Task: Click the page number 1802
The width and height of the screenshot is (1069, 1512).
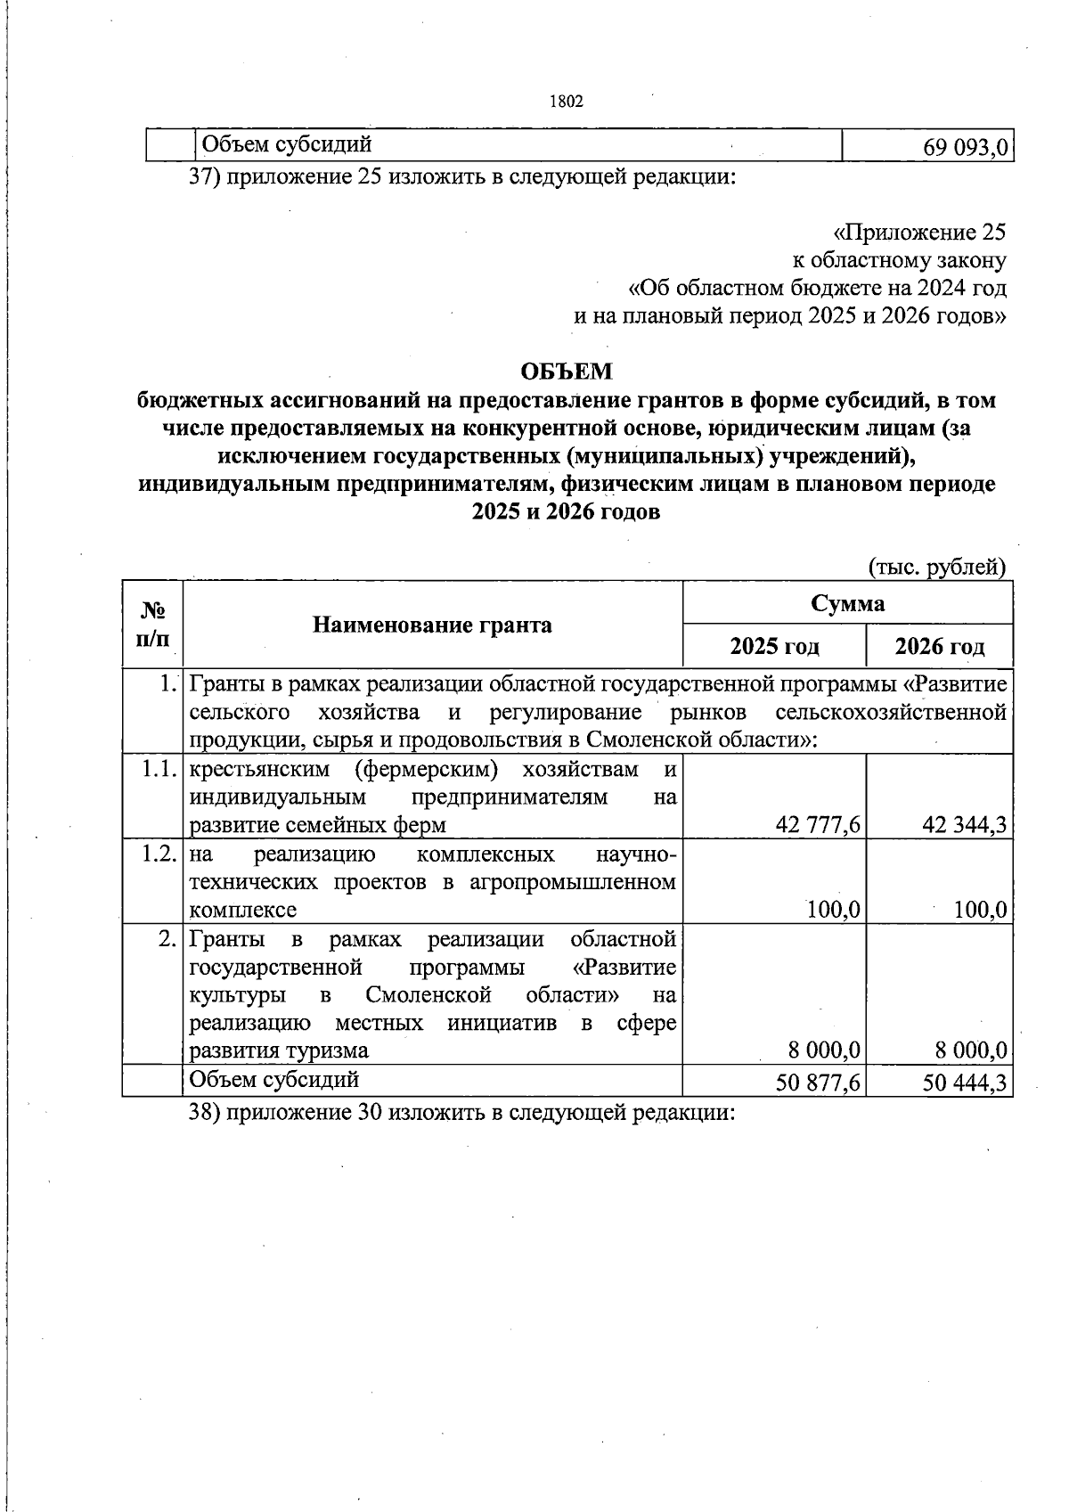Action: point(567,102)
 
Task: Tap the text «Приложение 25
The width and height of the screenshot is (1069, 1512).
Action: point(918,233)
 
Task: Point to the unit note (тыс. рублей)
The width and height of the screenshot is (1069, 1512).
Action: point(936,566)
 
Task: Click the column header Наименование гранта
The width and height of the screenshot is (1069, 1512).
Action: point(432,625)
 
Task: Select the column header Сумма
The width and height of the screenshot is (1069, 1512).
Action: point(847,603)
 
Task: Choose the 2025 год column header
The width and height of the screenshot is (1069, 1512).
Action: point(774,646)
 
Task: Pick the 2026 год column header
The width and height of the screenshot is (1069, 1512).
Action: point(940,646)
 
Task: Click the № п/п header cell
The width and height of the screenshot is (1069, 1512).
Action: point(153,625)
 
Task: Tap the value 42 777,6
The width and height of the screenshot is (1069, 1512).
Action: point(818,825)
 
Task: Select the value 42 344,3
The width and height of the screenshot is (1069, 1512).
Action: point(965,825)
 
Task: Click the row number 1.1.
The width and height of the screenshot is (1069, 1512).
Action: point(159,770)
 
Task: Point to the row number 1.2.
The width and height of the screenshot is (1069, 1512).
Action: point(159,854)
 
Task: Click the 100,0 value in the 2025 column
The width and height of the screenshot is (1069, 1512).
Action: point(834,910)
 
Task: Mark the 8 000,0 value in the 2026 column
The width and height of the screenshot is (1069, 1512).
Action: point(970,1050)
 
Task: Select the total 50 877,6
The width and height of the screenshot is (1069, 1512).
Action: point(818,1082)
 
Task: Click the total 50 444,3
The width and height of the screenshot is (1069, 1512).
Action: point(965,1082)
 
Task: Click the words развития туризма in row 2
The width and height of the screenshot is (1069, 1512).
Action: point(279,1050)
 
